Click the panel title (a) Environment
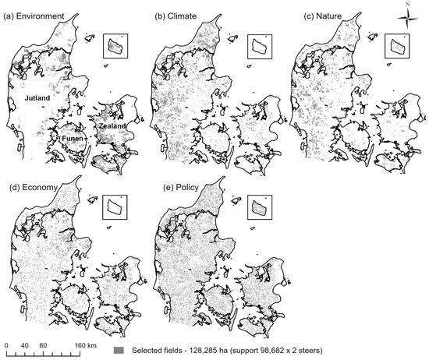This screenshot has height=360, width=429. tap(34, 16)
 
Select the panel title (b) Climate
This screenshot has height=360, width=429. tap(175, 16)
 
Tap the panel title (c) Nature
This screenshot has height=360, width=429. tap(323, 16)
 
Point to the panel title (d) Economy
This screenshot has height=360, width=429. tap(34, 188)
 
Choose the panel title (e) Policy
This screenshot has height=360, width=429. tap(181, 188)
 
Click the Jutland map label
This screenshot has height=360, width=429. tap(37, 98)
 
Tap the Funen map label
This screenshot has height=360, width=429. tap(73, 139)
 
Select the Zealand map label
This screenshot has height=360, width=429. tap(112, 126)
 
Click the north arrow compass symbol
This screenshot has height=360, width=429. tap(408, 19)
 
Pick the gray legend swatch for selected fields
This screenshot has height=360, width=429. tap(119, 350)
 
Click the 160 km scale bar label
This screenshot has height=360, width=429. tap(86, 345)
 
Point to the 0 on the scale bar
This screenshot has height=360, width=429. tap(6, 345)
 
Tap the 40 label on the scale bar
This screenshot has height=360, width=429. tap(25, 345)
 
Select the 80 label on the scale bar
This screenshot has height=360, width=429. tap(43, 345)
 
